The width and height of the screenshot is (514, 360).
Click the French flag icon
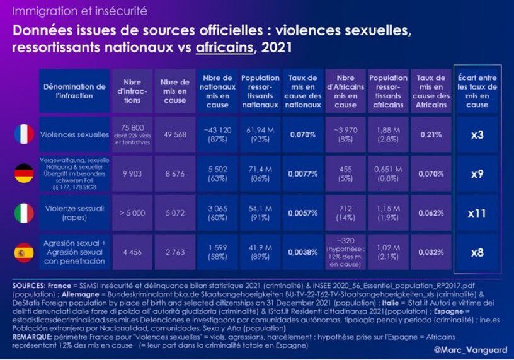point(23,134)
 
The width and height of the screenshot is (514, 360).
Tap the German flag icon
point(23,173)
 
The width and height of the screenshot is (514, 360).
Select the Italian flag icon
point(23,212)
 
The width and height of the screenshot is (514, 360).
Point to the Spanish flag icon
point(23,252)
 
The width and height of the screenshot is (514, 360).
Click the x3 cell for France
point(477,134)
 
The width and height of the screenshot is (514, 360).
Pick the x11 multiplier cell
point(477,212)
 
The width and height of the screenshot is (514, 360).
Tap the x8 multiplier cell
point(477,252)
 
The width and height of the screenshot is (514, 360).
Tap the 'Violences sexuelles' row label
point(74,134)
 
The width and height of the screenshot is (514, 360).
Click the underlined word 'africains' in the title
point(222,47)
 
